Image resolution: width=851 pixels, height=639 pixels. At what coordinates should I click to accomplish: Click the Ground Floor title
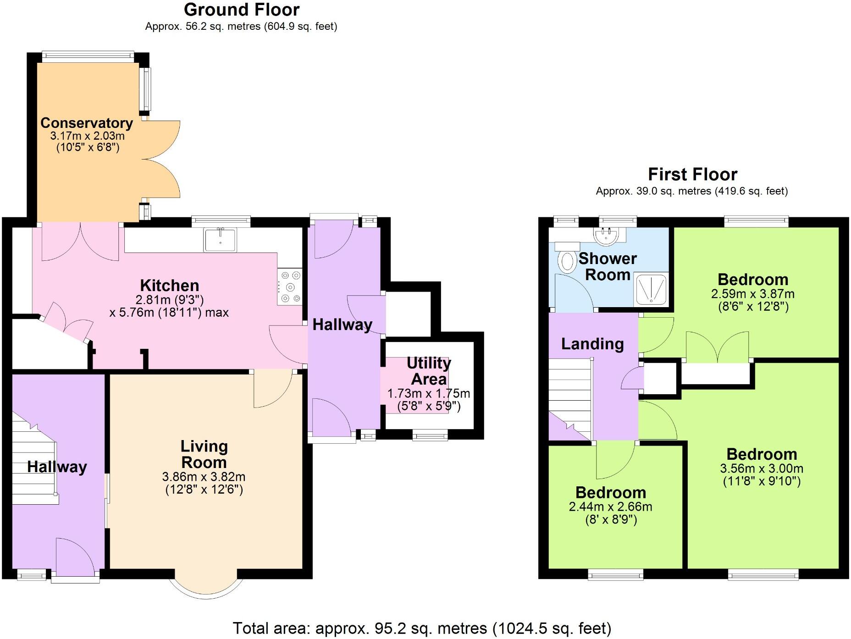coord(242,10)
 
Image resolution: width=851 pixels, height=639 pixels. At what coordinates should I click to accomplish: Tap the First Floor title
coord(692,175)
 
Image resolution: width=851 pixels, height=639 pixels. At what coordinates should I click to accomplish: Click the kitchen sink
coord(221,240)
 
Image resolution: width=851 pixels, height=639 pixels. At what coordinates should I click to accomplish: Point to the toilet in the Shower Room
coord(567,262)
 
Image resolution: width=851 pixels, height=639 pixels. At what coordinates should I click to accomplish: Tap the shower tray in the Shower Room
coord(651,289)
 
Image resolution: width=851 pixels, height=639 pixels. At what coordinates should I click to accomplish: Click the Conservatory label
coord(87,123)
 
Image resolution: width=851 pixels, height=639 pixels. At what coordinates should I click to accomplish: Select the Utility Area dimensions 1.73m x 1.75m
coord(428,393)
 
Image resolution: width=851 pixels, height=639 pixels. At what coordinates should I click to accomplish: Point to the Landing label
coord(592,344)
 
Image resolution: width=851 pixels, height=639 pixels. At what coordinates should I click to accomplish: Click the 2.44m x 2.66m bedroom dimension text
coord(610,507)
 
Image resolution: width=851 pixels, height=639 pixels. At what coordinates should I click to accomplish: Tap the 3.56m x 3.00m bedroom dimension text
coord(762,468)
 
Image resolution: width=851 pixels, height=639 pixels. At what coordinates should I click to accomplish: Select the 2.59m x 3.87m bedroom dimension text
coord(753,294)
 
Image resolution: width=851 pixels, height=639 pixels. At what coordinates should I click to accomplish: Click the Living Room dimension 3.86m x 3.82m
coord(204,477)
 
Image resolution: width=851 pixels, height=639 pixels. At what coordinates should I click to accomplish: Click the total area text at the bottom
coord(422,628)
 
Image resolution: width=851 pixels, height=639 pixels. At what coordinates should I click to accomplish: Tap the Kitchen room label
coord(169,286)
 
